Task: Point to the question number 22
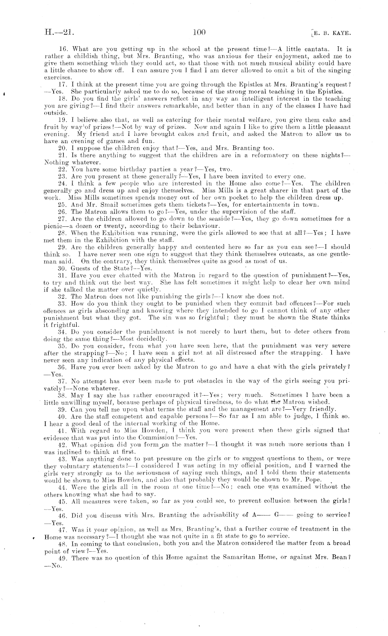(x=62, y=169)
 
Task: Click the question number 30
(x=62, y=268)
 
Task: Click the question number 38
(x=62, y=395)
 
